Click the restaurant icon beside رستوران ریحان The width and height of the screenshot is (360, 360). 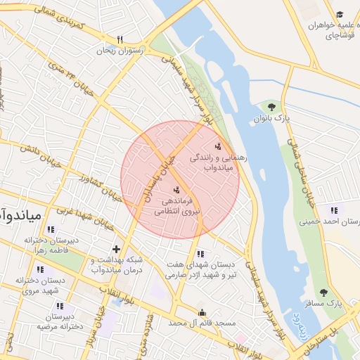[120, 39]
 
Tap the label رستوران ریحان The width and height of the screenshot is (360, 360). [120, 51]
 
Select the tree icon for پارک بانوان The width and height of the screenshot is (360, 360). [271, 106]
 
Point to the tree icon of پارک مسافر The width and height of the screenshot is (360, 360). [323, 292]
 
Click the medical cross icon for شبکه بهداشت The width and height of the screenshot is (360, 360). [117, 249]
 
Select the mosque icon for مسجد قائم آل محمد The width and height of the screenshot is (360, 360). [202, 312]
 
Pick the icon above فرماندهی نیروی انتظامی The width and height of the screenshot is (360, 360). [176, 190]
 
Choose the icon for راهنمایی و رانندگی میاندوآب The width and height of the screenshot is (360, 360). [219, 146]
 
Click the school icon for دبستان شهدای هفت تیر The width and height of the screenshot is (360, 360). [200, 254]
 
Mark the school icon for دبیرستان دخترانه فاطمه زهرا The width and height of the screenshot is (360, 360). [50, 229]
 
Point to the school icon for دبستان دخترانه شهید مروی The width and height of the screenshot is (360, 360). [40, 269]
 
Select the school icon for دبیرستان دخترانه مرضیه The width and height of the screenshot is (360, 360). [60, 306]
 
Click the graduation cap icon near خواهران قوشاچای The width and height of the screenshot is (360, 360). [340, 15]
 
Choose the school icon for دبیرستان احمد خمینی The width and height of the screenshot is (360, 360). [333, 210]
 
